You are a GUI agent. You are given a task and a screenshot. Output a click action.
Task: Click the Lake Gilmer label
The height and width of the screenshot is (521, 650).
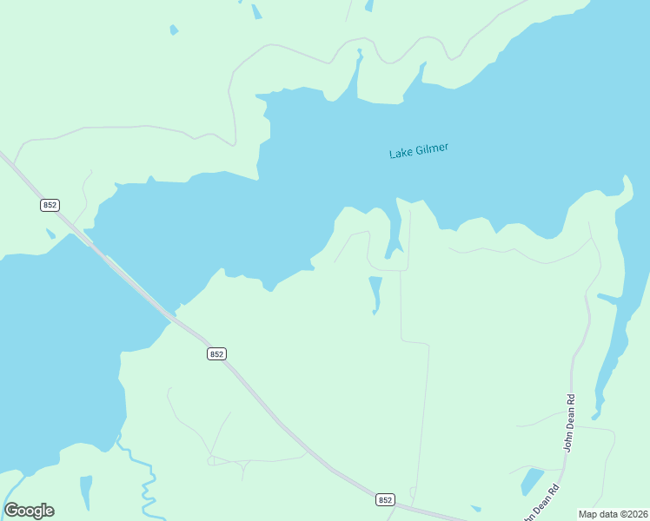point(419,151)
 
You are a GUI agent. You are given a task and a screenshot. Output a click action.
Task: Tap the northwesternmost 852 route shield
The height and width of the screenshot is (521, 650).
point(50,205)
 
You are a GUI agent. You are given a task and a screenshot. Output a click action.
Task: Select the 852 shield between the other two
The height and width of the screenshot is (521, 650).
point(217,353)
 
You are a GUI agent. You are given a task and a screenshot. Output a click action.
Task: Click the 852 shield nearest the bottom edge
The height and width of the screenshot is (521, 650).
point(386,499)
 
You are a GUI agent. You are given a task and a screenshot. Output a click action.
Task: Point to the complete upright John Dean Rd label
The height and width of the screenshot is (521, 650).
point(571,423)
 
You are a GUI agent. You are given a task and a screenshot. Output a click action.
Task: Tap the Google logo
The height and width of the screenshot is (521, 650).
point(29,511)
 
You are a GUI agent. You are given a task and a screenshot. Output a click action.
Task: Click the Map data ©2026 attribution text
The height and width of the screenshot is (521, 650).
point(613,514)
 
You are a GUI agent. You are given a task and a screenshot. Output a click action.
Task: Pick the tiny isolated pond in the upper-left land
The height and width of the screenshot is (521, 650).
point(174,30)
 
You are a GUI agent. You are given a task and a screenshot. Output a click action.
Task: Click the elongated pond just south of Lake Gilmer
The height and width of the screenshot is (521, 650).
point(375,293)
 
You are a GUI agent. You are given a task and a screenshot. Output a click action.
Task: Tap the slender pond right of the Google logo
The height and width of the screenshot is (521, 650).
point(85,491)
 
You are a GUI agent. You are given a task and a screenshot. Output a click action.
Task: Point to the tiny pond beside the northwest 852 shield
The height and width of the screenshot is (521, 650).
point(50,234)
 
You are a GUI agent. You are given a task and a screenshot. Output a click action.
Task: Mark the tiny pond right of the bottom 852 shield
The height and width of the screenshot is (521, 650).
point(475,508)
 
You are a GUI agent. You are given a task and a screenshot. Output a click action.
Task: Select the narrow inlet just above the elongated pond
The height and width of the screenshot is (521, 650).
point(394,230)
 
